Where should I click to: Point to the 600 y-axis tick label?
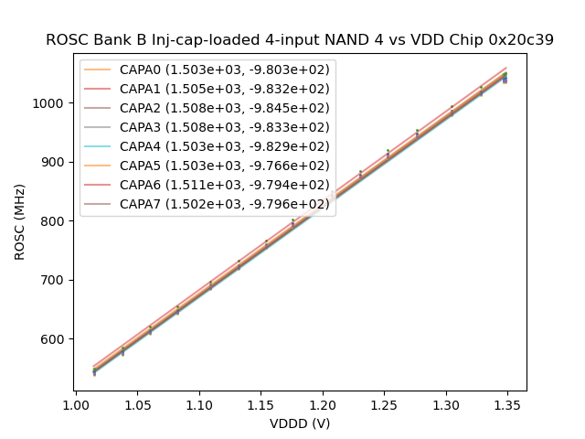(x=56, y=339)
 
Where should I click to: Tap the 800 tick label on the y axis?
(x=56, y=221)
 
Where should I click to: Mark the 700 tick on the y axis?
(x=56, y=280)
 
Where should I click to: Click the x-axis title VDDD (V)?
(x=300, y=423)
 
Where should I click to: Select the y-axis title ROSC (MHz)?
(x=20, y=222)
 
